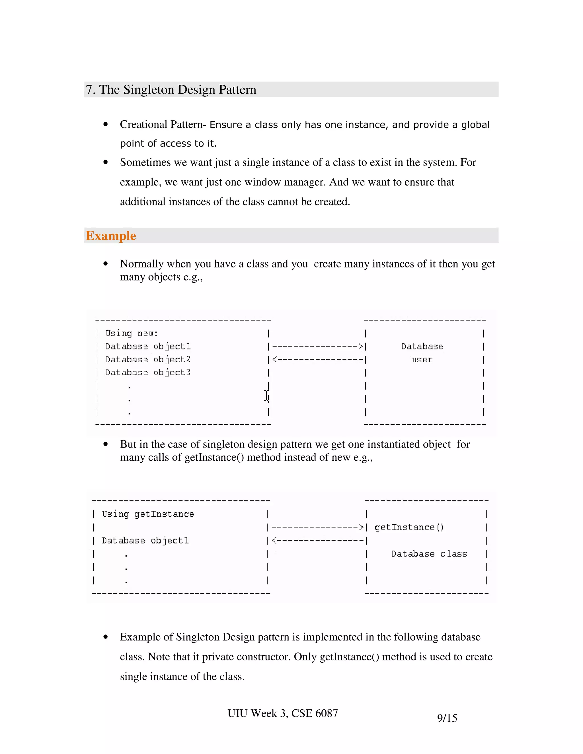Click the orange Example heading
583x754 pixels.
(110, 236)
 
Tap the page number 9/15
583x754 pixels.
(447, 718)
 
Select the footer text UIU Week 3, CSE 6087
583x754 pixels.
(282, 713)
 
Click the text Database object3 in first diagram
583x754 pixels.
(148, 372)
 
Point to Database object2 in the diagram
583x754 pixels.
(148, 359)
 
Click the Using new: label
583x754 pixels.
(132, 333)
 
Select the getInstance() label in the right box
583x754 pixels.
(409, 527)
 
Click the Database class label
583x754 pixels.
(429, 554)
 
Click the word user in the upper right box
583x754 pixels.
(422, 359)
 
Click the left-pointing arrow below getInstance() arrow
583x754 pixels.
(318, 540)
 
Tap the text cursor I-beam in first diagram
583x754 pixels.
(266, 396)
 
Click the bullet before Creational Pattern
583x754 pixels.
(106, 124)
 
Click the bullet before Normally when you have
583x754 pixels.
(106, 264)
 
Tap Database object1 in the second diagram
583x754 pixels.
(145, 540)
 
